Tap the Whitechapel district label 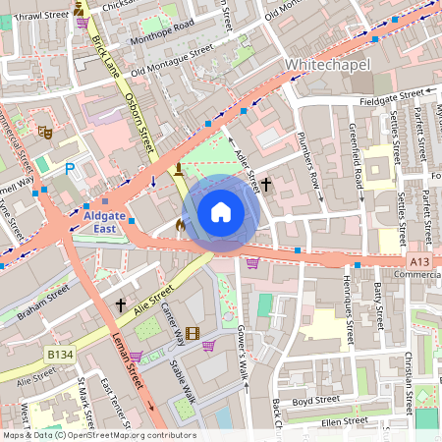coord(328,64)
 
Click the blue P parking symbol coord(69,169)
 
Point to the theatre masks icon coord(44,131)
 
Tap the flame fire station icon coord(180,225)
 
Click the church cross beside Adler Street coord(265,184)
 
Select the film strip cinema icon coord(193,334)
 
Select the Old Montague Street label coord(171,58)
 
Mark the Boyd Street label coord(314,400)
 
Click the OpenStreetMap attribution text coord(98,435)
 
